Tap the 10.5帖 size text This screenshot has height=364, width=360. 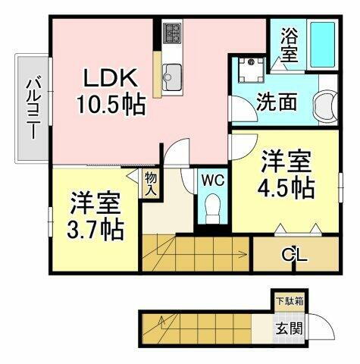[111, 105]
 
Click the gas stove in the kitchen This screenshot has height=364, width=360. [172, 33]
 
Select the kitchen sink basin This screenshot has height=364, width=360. [171, 74]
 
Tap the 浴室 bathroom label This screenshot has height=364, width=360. [289, 45]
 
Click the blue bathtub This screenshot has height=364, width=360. [323, 45]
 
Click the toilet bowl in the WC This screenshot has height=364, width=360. [212, 205]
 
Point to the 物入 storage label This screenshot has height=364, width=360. [150, 184]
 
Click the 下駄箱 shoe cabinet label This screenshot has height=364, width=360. [290, 300]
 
